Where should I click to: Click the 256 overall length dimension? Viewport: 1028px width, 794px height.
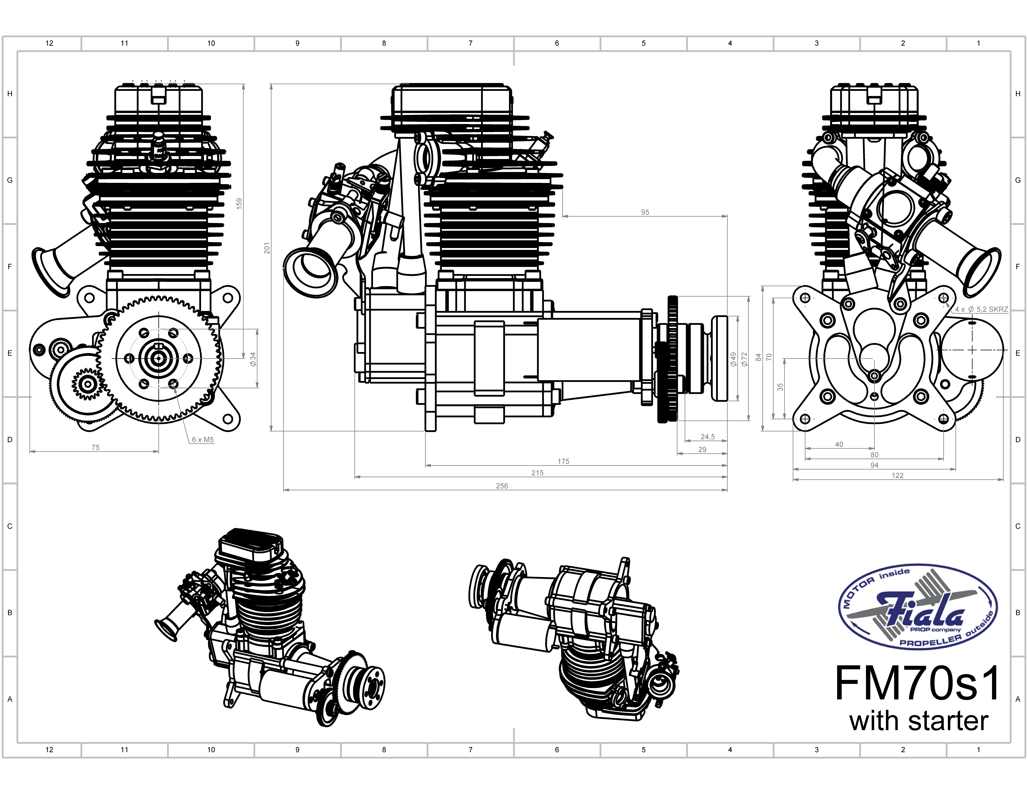pyautogui.click(x=502, y=486)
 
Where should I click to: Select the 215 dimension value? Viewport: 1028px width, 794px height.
pyautogui.click(x=537, y=473)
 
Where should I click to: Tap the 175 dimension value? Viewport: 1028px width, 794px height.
pyautogui.click(x=563, y=461)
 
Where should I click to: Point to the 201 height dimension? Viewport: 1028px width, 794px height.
pyautogui.click(x=267, y=248)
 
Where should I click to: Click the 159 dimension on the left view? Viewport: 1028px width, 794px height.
pyautogui.click(x=239, y=203)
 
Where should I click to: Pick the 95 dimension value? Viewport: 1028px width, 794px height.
pyautogui.click(x=645, y=212)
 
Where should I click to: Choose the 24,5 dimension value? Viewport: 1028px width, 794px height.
pyautogui.click(x=707, y=437)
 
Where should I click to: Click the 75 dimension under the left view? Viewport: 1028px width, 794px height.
pyautogui.click(x=96, y=447)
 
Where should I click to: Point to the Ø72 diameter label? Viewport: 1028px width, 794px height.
pyautogui.click(x=744, y=359)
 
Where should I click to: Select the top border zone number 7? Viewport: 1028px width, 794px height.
pyautogui.click(x=470, y=43)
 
